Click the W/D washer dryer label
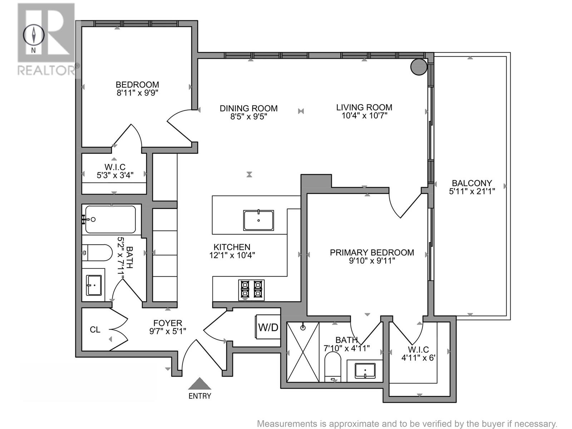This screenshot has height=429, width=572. coord(268,327)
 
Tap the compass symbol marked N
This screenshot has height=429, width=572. coord(34,36)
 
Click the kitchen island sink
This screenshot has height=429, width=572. coord(258,220)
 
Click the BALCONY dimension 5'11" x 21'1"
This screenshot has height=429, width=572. coord(472,191)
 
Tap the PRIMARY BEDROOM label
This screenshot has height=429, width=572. coord(372,252)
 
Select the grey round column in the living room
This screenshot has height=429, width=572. coord(419,66)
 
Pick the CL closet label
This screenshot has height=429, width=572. coord(95,330)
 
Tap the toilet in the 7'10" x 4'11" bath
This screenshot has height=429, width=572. coord(333,366)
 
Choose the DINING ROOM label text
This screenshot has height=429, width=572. coord(248,108)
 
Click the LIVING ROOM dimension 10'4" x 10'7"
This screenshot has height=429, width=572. coord(364,115)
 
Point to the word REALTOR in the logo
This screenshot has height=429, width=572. coord(47,70)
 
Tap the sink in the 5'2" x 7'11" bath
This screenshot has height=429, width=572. coord(94,285)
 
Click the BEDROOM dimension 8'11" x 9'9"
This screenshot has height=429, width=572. coord(137,93)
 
